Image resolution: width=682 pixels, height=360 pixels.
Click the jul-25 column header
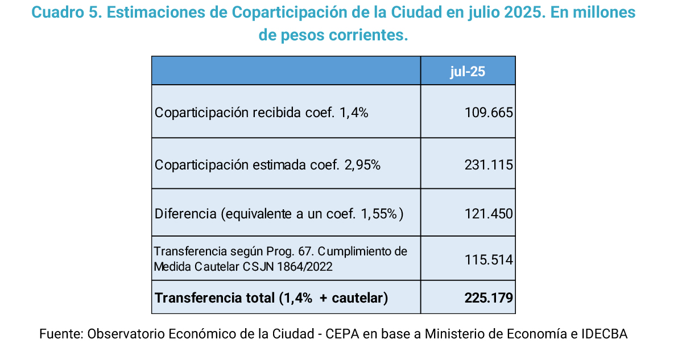[468, 72]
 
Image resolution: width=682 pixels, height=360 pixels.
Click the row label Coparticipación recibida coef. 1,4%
[262, 113]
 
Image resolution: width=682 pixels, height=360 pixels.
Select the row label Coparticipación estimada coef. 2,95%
[267, 165]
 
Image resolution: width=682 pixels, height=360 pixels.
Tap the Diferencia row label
[279, 214]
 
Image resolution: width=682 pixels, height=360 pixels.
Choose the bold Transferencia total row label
[271, 297]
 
